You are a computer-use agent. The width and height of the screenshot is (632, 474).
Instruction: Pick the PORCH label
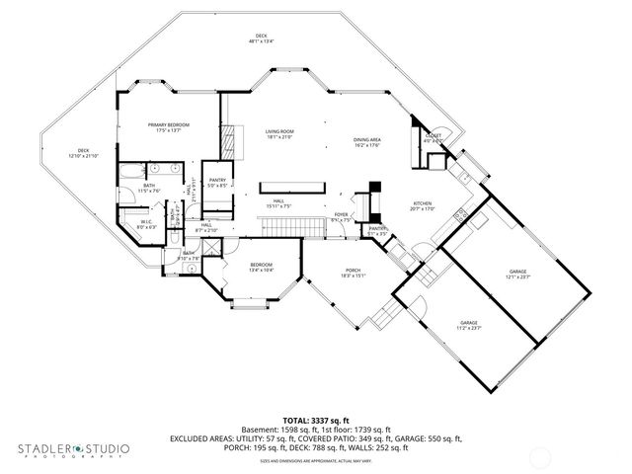[x=353, y=274]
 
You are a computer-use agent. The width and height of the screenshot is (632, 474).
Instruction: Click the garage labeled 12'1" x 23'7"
[x=518, y=274]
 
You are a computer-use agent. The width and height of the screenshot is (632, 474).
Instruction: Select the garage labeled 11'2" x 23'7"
[x=469, y=325]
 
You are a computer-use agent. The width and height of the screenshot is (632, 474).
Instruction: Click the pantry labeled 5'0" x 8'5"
[x=217, y=182]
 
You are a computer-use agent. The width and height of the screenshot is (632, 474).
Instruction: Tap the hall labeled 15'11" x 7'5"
[x=279, y=204]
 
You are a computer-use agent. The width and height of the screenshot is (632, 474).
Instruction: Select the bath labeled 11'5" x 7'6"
[x=148, y=188]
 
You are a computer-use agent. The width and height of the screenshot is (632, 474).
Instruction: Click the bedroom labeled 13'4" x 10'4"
[x=261, y=267]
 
